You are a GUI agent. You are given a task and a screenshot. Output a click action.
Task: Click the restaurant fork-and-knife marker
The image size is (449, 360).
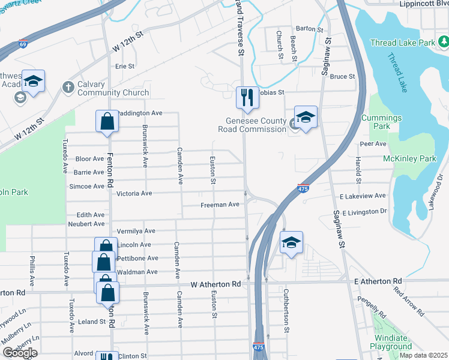click(x=247, y=97)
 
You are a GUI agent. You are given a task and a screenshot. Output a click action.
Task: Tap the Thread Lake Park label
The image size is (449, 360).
click(x=402, y=43)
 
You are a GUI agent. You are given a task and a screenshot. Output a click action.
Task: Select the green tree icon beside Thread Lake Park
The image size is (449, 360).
click(x=444, y=42)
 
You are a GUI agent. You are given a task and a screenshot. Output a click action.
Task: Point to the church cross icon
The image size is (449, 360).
click(x=68, y=88)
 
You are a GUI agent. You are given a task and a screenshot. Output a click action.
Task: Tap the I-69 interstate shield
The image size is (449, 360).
click(x=23, y=44)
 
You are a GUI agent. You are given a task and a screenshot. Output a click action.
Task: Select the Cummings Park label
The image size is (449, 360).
click(x=376, y=122)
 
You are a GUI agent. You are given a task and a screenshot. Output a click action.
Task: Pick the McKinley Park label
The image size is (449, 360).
click(x=409, y=159)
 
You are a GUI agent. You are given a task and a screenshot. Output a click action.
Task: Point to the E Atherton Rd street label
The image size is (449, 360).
click(x=378, y=281)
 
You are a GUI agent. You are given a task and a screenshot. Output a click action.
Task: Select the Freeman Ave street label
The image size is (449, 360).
click(x=220, y=205)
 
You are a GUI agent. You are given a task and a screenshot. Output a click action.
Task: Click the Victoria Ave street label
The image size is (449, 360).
click(x=134, y=194)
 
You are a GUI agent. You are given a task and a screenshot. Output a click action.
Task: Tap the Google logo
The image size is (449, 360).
click(x=20, y=353)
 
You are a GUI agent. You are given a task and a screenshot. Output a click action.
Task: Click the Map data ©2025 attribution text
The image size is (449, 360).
click(x=423, y=355)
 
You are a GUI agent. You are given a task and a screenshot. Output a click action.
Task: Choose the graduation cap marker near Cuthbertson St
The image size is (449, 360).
click(x=291, y=243)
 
